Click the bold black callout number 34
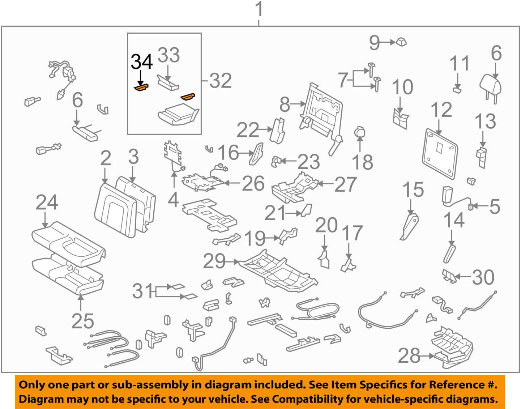pyautogui.click(x=141, y=62)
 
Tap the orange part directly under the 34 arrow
pyautogui.click(x=141, y=88)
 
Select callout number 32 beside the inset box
pyautogui.click(x=220, y=81)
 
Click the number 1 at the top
pyautogui.click(x=259, y=9)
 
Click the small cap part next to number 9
pyautogui.click(x=401, y=42)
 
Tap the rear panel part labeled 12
pyautogui.click(x=440, y=153)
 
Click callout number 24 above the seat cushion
pyautogui.click(x=47, y=203)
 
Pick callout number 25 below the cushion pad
pyautogui.click(x=82, y=321)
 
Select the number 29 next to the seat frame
pyautogui.click(x=214, y=261)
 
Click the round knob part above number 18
pyautogui.click(x=360, y=132)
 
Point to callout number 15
pyautogui.click(x=413, y=190)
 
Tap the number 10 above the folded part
pyautogui.click(x=402, y=88)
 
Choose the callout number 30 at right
pyautogui.click(x=483, y=277)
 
